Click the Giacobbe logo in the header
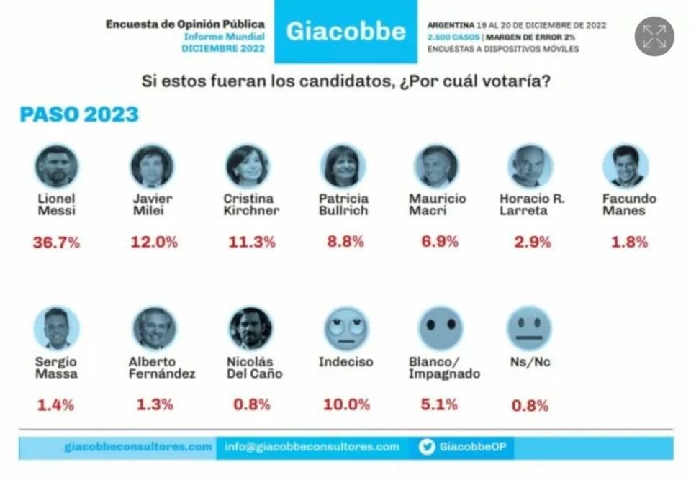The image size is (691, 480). pos(345,32)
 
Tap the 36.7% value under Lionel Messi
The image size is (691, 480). pos(56,243)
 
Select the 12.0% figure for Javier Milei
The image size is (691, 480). pos(153,243)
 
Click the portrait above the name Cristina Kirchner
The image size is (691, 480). pos(247,166)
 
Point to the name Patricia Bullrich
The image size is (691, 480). pos(343,204)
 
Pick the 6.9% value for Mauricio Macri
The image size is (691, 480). pos(440,242)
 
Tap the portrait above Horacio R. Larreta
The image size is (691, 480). pos(530,166)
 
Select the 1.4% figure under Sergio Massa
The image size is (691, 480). pos(55,404)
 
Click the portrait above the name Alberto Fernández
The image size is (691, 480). pos(154,328)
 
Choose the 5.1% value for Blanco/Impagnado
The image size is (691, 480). pos(439,404)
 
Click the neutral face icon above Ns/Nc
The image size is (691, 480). pos(529,328)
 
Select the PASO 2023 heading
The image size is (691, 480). pos(79,114)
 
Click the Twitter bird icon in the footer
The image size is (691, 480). pos(427,447)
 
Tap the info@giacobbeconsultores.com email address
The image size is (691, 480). pos(312,447)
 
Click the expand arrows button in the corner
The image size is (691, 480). pos(654,36)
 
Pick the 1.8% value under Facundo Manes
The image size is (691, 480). pos(628,243)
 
